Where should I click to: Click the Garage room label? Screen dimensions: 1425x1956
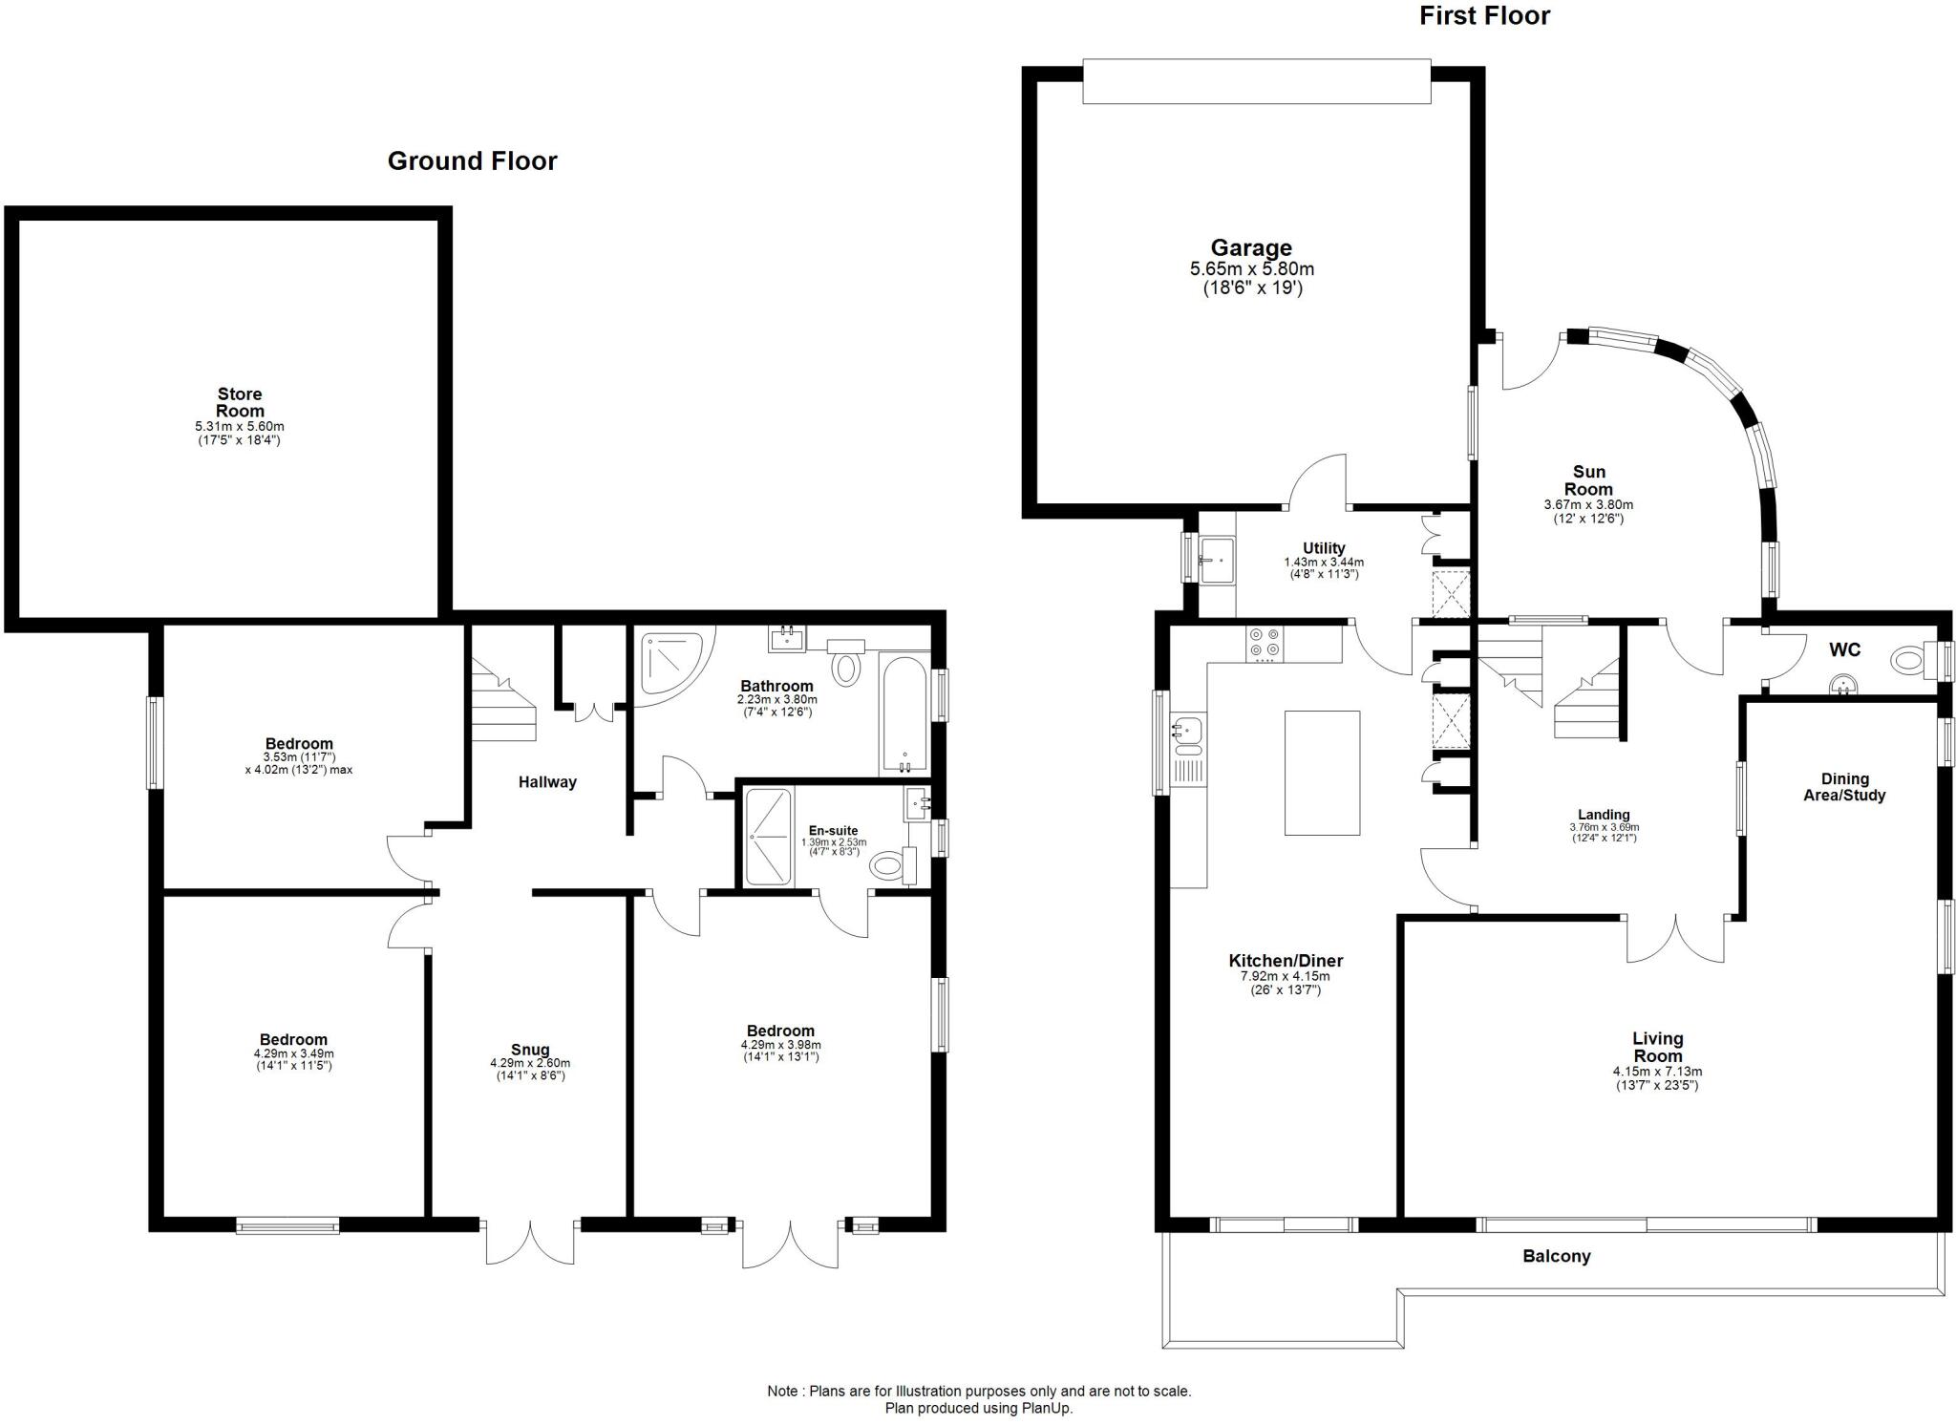pos(1251,248)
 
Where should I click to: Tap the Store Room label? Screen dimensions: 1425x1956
pos(239,402)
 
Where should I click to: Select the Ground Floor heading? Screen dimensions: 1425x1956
pos(472,160)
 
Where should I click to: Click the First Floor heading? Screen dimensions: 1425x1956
pos(1484,16)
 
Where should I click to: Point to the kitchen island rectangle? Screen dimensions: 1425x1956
pos(1322,773)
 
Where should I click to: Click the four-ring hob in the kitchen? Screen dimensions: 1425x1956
pos(1265,643)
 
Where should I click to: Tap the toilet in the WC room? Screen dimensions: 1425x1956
pos(1907,659)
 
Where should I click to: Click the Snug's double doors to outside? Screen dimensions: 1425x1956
pos(530,1243)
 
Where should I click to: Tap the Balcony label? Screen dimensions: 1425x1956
pos(1556,1256)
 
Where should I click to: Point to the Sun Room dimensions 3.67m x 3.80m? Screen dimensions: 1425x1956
pos(1587,504)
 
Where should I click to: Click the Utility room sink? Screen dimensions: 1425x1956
pos(1217,559)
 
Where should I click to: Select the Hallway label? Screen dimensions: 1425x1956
pos(547,782)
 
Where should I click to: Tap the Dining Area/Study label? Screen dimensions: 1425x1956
pos(1843,787)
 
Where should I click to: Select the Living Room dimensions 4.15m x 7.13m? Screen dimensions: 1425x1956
pos(1657,1072)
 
